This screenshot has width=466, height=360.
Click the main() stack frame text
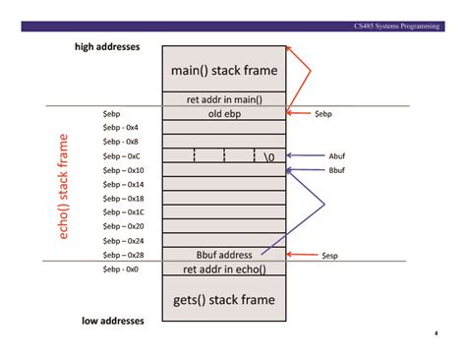click(x=224, y=71)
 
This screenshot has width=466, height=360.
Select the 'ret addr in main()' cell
click(x=224, y=99)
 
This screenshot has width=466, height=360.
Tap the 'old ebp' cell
click(x=224, y=113)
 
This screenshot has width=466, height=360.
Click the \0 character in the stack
click(x=269, y=157)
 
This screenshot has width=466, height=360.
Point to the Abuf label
click(x=336, y=156)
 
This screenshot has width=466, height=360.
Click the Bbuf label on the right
click(x=336, y=170)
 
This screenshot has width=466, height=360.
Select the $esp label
click(x=329, y=256)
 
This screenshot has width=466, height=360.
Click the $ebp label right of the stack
click(x=323, y=114)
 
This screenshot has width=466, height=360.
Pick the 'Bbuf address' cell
click(x=224, y=255)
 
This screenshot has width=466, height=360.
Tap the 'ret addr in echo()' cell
click(x=224, y=269)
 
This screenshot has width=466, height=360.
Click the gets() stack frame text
click(x=224, y=300)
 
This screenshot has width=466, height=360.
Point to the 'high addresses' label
click(x=107, y=47)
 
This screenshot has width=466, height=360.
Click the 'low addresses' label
click(x=113, y=321)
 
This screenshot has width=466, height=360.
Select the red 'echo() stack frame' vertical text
click(x=63, y=186)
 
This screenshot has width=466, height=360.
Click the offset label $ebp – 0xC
click(x=121, y=156)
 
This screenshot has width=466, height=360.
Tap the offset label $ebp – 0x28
click(x=123, y=255)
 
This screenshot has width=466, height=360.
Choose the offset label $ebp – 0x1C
click(x=123, y=212)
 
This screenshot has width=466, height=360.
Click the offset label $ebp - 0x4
click(x=120, y=127)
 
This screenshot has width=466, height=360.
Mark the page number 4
click(x=437, y=333)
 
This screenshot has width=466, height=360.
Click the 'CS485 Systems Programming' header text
click(x=396, y=27)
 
